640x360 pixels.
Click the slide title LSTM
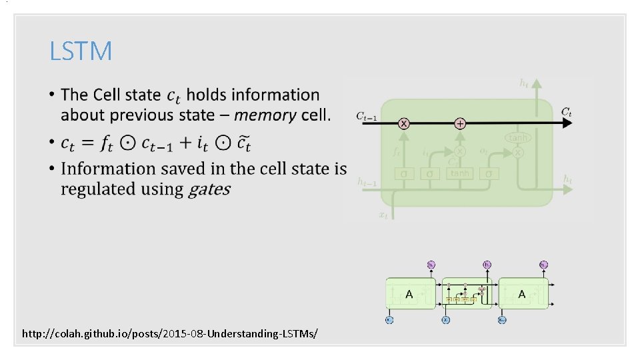(x=81, y=51)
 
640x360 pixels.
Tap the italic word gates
(x=209, y=189)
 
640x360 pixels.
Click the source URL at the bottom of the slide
(x=170, y=332)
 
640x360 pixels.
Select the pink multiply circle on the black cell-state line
(x=404, y=124)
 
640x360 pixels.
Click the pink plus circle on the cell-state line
(x=460, y=124)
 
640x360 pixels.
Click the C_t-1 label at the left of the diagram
(x=366, y=117)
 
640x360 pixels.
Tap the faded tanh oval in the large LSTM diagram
(x=517, y=138)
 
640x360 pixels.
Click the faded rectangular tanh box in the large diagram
(x=460, y=173)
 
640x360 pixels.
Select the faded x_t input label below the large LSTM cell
(x=383, y=215)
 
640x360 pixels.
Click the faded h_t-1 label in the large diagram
(x=367, y=181)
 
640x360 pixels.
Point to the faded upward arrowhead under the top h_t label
(x=537, y=84)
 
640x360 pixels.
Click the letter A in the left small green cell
(x=409, y=293)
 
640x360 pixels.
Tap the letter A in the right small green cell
(x=521, y=293)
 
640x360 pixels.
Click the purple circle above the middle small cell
(x=487, y=265)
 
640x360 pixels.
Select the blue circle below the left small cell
(x=389, y=320)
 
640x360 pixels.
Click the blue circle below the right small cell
(x=502, y=320)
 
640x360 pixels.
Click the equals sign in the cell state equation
(x=93, y=143)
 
